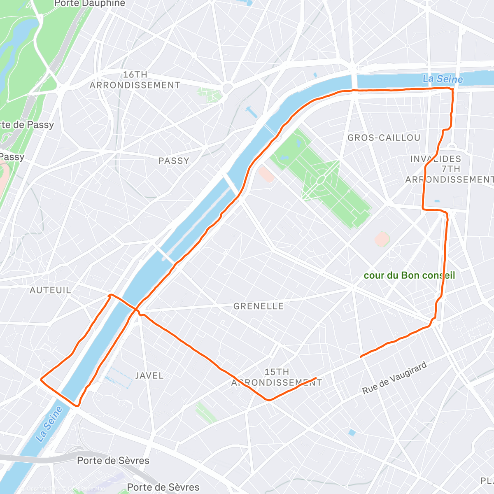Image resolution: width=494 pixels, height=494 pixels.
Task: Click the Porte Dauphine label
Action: pos(89,3)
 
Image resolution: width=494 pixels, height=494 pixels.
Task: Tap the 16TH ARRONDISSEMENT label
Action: pos(135,80)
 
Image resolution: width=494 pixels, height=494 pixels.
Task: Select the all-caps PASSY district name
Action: pos(174,161)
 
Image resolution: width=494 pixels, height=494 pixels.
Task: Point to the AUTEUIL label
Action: pos(50,290)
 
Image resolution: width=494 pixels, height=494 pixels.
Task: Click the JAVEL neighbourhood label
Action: pos(149,375)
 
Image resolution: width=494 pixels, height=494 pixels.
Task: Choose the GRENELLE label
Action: pos(259,306)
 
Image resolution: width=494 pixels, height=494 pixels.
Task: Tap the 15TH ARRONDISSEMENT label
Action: pos(277,377)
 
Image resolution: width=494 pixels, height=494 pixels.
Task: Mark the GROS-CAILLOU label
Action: pos(384,138)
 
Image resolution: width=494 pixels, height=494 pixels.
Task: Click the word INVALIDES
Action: pos(436,159)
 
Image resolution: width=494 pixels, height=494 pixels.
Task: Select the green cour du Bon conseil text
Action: pos(409,275)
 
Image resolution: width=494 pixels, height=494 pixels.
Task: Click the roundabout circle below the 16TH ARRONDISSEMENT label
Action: pos(227,88)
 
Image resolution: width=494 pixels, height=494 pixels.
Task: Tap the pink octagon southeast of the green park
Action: pos(382,239)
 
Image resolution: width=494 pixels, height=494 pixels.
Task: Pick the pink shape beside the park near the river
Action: pos(267,174)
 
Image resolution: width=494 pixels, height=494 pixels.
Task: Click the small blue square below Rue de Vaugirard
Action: pos(351,432)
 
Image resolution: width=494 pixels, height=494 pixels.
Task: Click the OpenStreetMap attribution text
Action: pos(86,489)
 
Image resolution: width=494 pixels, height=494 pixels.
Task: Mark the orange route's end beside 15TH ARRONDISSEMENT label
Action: pos(316,378)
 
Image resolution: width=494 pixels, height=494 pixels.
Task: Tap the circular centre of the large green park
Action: pos(322,180)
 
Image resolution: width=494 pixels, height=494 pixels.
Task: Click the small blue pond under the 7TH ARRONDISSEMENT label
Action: pos(437,201)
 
